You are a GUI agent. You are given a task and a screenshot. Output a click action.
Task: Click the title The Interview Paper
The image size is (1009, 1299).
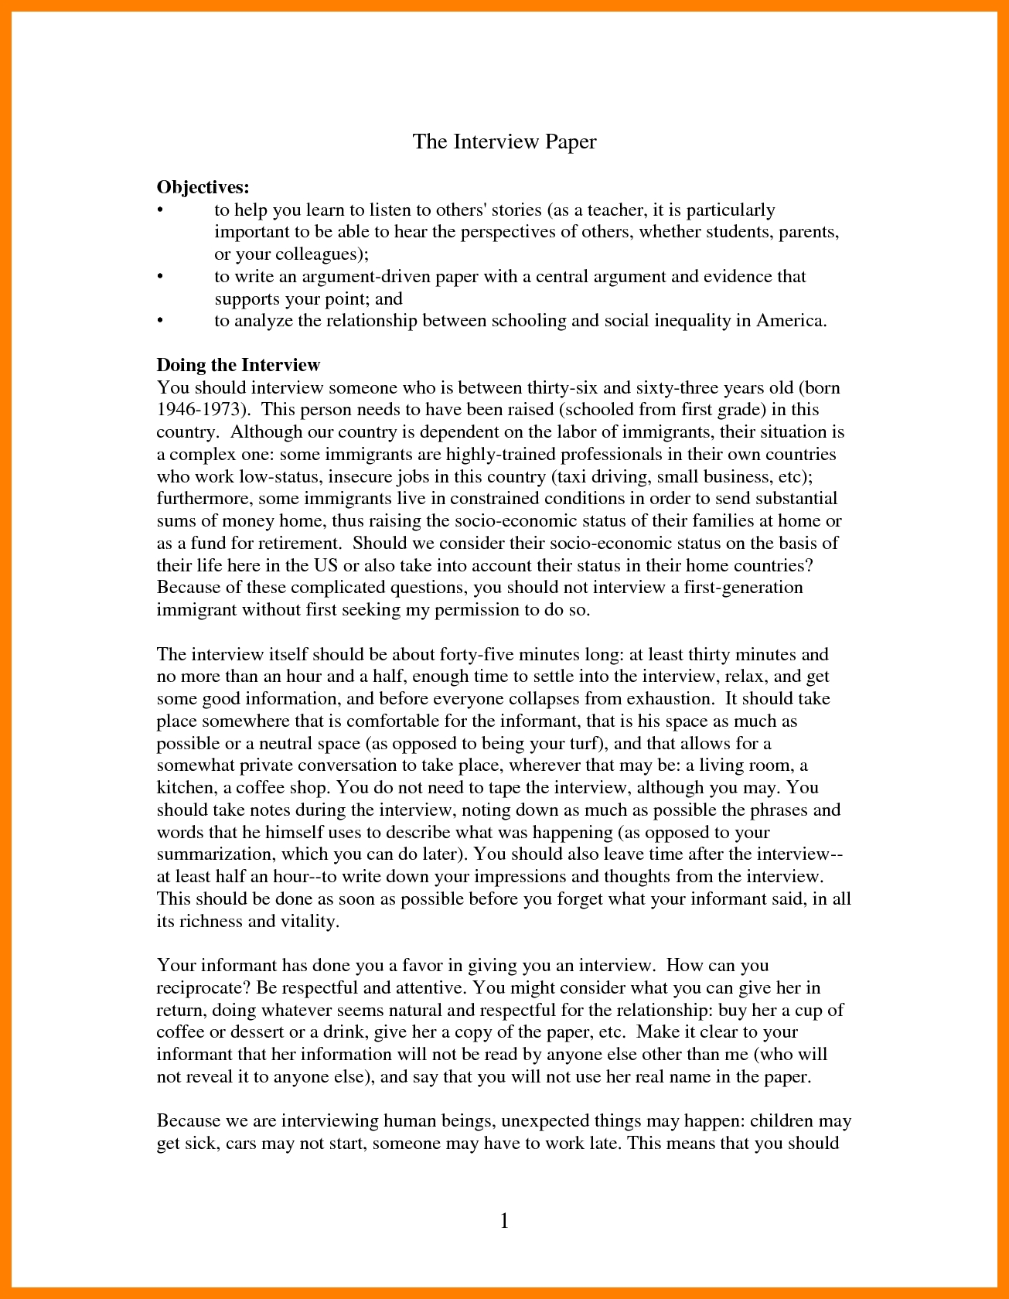tap(504, 141)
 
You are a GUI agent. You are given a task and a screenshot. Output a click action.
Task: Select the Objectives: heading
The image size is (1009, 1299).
tap(203, 187)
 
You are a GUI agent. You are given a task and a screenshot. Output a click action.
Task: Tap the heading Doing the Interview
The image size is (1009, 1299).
tap(238, 365)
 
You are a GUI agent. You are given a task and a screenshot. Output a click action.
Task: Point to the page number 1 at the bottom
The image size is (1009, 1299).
tap(504, 1221)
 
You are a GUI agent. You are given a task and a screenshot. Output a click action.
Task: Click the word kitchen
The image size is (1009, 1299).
tap(185, 788)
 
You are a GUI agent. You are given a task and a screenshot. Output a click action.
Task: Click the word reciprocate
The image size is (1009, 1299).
tap(203, 988)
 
